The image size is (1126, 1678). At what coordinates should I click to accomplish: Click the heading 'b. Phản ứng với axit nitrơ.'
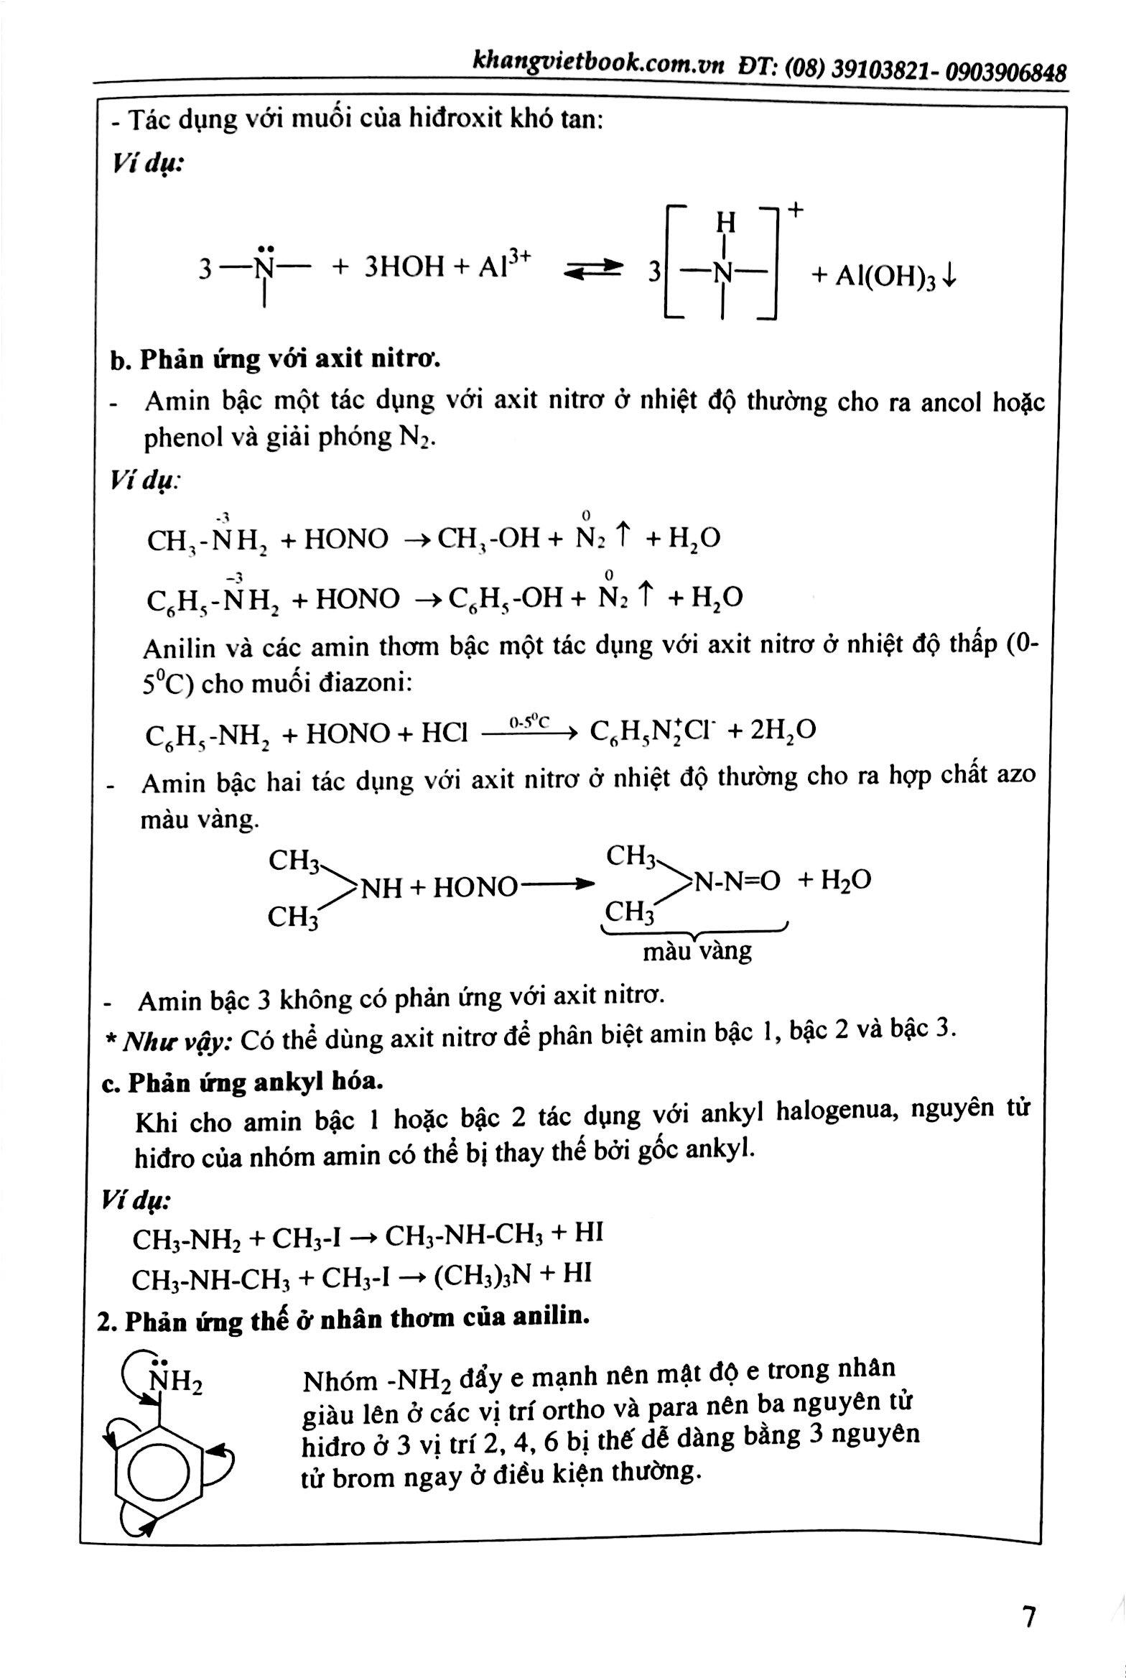click(x=275, y=358)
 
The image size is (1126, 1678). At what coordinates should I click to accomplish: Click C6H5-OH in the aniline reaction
click(x=506, y=598)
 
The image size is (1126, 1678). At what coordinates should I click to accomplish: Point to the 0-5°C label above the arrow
click(x=529, y=721)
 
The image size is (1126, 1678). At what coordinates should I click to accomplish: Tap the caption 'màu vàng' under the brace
click(x=697, y=952)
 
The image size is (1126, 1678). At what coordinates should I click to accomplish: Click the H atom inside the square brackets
click(x=725, y=223)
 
